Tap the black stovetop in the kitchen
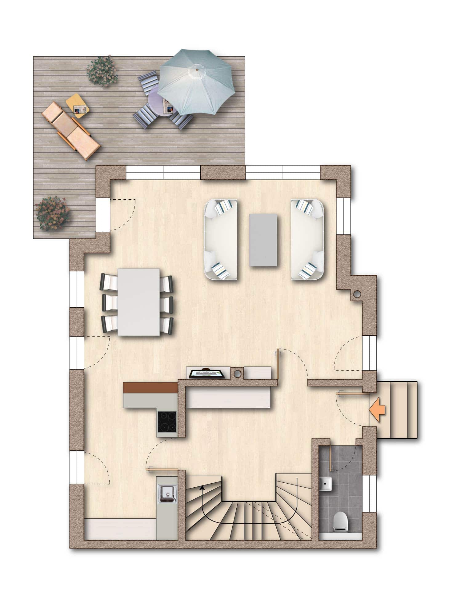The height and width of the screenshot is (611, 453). pyautogui.click(x=167, y=421)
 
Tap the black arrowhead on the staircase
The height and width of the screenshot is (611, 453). pyautogui.click(x=202, y=487)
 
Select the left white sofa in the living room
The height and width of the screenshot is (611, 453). pyautogui.click(x=221, y=239)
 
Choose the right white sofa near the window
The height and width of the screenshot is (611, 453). pyautogui.click(x=307, y=239)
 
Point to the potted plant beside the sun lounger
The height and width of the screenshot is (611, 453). pyautogui.click(x=102, y=71)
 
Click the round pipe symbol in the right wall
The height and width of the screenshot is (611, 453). pyautogui.click(x=357, y=294)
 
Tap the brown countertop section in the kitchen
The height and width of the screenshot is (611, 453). pyautogui.click(x=150, y=388)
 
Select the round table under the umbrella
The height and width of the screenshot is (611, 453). pyautogui.click(x=158, y=100)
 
